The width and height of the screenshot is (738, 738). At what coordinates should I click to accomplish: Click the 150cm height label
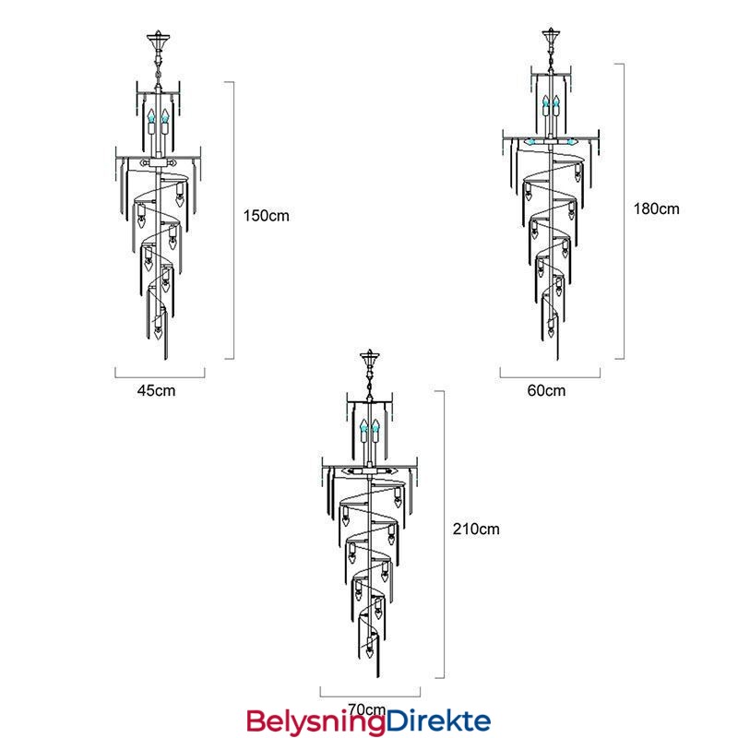click(266, 216)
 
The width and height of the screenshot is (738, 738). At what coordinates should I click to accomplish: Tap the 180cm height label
click(656, 208)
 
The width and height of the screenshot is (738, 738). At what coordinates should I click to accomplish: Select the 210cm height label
click(476, 529)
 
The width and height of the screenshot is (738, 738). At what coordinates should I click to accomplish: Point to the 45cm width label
click(156, 390)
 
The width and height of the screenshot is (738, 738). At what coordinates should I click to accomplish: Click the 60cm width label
click(546, 390)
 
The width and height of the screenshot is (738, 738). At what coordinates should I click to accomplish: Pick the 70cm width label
click(367, 708)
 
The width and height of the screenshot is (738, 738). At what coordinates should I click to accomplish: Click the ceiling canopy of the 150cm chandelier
click(158, 40)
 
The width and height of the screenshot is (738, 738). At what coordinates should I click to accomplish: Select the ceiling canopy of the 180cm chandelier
click(551, 36)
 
